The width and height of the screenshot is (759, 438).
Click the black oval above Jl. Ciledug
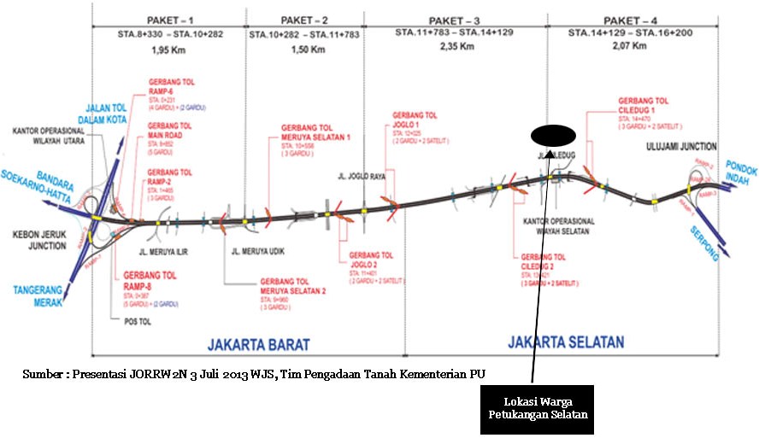tap(552, 135)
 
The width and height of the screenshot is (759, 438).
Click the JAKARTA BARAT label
tap(258, 344)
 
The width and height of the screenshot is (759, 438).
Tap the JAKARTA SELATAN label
tap(565, 342)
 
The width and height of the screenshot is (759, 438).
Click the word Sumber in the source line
tap(42, 373)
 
